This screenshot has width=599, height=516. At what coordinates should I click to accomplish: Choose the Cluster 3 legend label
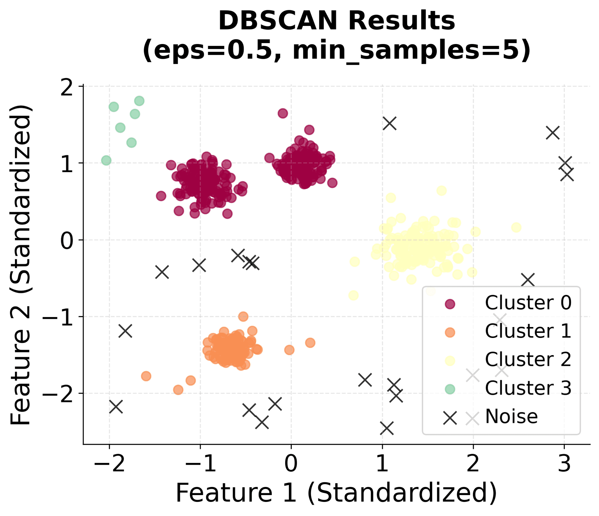[528, 388]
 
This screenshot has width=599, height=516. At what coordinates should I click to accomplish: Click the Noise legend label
[511, 416]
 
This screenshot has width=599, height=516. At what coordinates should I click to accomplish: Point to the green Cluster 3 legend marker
[450, 389]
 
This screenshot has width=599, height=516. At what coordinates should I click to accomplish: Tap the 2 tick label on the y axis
[67, 88]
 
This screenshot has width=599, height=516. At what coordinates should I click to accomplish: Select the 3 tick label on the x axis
[564, 464]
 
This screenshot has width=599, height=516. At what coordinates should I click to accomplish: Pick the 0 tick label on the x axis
[291, 464]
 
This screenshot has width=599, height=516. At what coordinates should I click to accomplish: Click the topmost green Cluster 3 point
[139, 101]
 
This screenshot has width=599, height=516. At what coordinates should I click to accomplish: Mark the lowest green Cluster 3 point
[106, 161]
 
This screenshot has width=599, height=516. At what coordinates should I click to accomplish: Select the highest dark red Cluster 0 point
[283, 113]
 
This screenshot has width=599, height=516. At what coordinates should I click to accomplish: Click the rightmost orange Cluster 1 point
[310, 343]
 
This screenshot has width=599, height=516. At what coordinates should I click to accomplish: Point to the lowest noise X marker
[387, 428]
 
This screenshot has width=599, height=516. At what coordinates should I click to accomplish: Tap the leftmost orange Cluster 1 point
[146, 376]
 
